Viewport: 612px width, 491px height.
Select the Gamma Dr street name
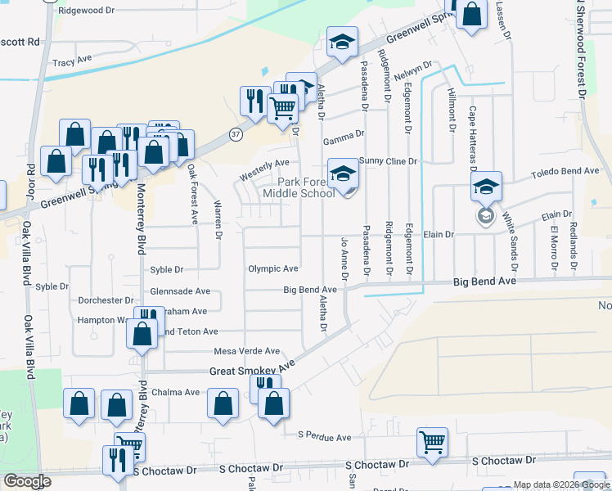click(x=344, y=142)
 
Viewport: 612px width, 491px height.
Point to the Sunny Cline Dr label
click(x=389, y=161)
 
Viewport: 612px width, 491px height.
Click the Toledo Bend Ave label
click(x=565, y=172)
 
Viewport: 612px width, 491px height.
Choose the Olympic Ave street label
click(x=272, y=268)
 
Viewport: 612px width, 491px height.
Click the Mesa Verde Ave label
click(x=246, y=351)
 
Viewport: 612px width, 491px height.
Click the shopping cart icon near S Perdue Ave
click(x=432, y=442)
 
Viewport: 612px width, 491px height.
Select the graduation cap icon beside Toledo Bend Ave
click(x=486, y=187)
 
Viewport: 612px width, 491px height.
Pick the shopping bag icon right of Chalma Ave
click(x=223, y=403)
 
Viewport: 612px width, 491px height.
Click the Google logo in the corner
click(x=27, y=481)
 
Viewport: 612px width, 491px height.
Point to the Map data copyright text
click(x=561, y=485)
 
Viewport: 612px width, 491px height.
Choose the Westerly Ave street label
click(x=264, y=169)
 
